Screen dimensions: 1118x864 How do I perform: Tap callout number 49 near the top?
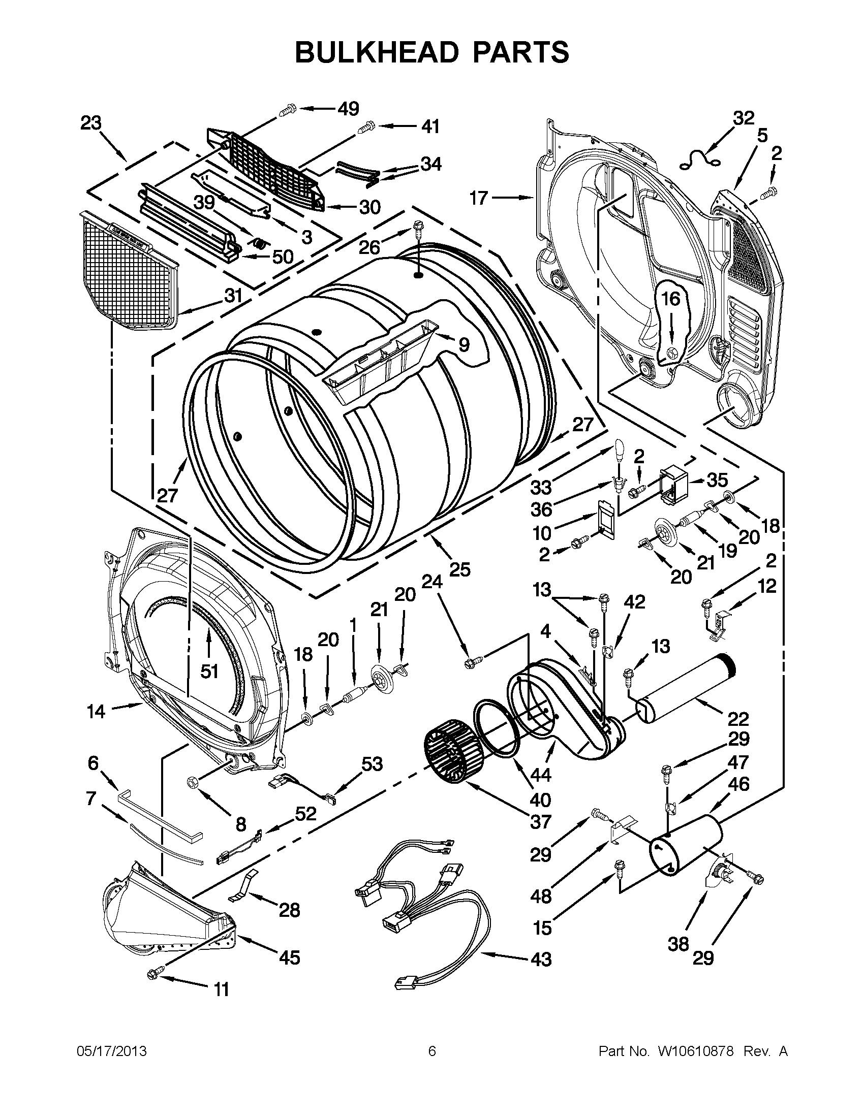(x=348, y=109)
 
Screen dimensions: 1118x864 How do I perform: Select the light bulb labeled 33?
(x=620, y=452)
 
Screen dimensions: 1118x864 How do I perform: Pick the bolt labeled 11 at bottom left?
(x=155, y=975)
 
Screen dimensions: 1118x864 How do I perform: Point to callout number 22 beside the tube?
(x=738, y=719)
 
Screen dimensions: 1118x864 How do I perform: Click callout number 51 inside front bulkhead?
(x=209, y=671)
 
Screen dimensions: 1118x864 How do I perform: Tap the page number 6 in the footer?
(x=431, y=1051)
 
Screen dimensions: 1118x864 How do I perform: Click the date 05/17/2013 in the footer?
(x=111, y=1051)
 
